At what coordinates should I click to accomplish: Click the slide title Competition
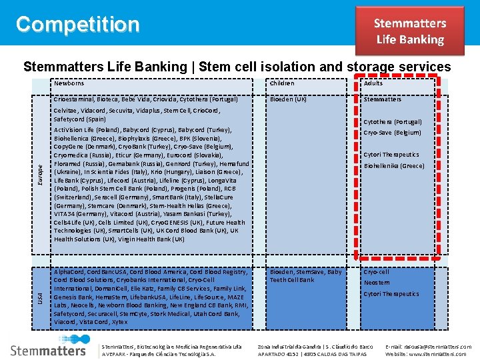pos(78,25)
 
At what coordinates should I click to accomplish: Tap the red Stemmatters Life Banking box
pos(409,31)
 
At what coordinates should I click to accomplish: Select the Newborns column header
pos(69,83)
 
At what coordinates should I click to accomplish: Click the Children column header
pos(282,83)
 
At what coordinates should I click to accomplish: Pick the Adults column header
pos(373,83)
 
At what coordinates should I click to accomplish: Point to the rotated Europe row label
pos(41,175)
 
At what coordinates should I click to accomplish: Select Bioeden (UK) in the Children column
pos(288,99)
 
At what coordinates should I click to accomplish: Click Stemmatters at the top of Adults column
pos(382,99)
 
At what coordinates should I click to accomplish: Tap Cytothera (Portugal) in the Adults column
pos(392,122)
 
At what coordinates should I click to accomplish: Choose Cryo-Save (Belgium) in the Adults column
pos(392,133)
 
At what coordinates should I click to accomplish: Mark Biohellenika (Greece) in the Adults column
pos(393,166)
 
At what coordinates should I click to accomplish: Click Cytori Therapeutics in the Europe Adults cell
pos(391,155)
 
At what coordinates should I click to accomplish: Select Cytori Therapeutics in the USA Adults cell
pos(391,294)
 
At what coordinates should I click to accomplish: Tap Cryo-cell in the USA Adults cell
pos(376,272)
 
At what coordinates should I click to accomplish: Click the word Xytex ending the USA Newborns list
pos(119,322)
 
